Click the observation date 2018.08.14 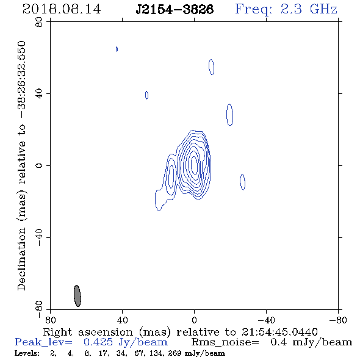coord(62,9)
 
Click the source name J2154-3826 coord(175,9)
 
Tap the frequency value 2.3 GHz coord(309,9)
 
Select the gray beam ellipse coord(77,296)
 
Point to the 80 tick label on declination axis coord(39,22)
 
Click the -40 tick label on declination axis coord(39,237)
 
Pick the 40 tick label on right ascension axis coord(122,320)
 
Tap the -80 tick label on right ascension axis coord(338,320)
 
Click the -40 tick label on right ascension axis coord(266,320)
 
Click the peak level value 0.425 coord(98,342)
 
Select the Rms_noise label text coord(225,342)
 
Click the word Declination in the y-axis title coord(21,259)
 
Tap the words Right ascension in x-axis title coord(88,332)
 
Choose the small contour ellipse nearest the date coord(117,49)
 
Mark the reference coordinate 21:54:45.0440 coord(279,332)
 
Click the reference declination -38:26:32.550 coord(21,80)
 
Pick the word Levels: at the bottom coord(27,353)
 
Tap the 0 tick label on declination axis coord(39,165)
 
